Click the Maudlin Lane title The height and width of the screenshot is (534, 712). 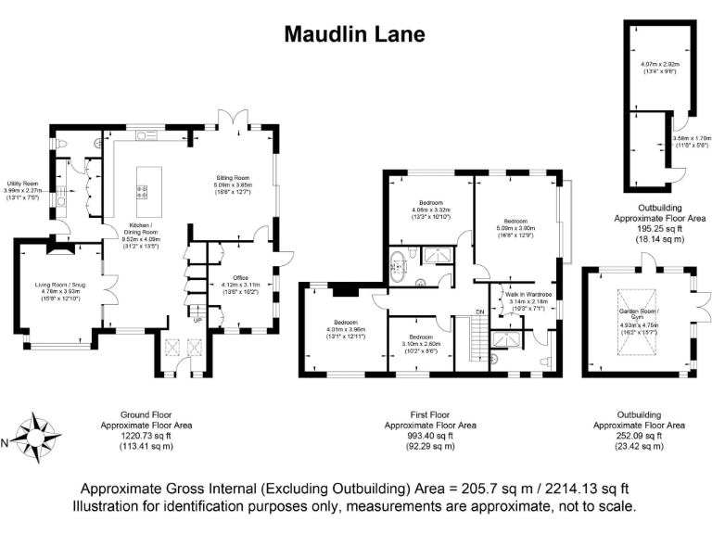click(x=354, y=34)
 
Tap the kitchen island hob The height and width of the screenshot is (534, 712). click(x=143, y=193)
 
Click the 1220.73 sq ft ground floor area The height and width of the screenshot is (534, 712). click(x=136, y=435)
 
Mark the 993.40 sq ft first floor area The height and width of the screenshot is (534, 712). click(x=419, y=435)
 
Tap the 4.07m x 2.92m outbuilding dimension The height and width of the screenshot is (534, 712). click(x=659, y=66)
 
